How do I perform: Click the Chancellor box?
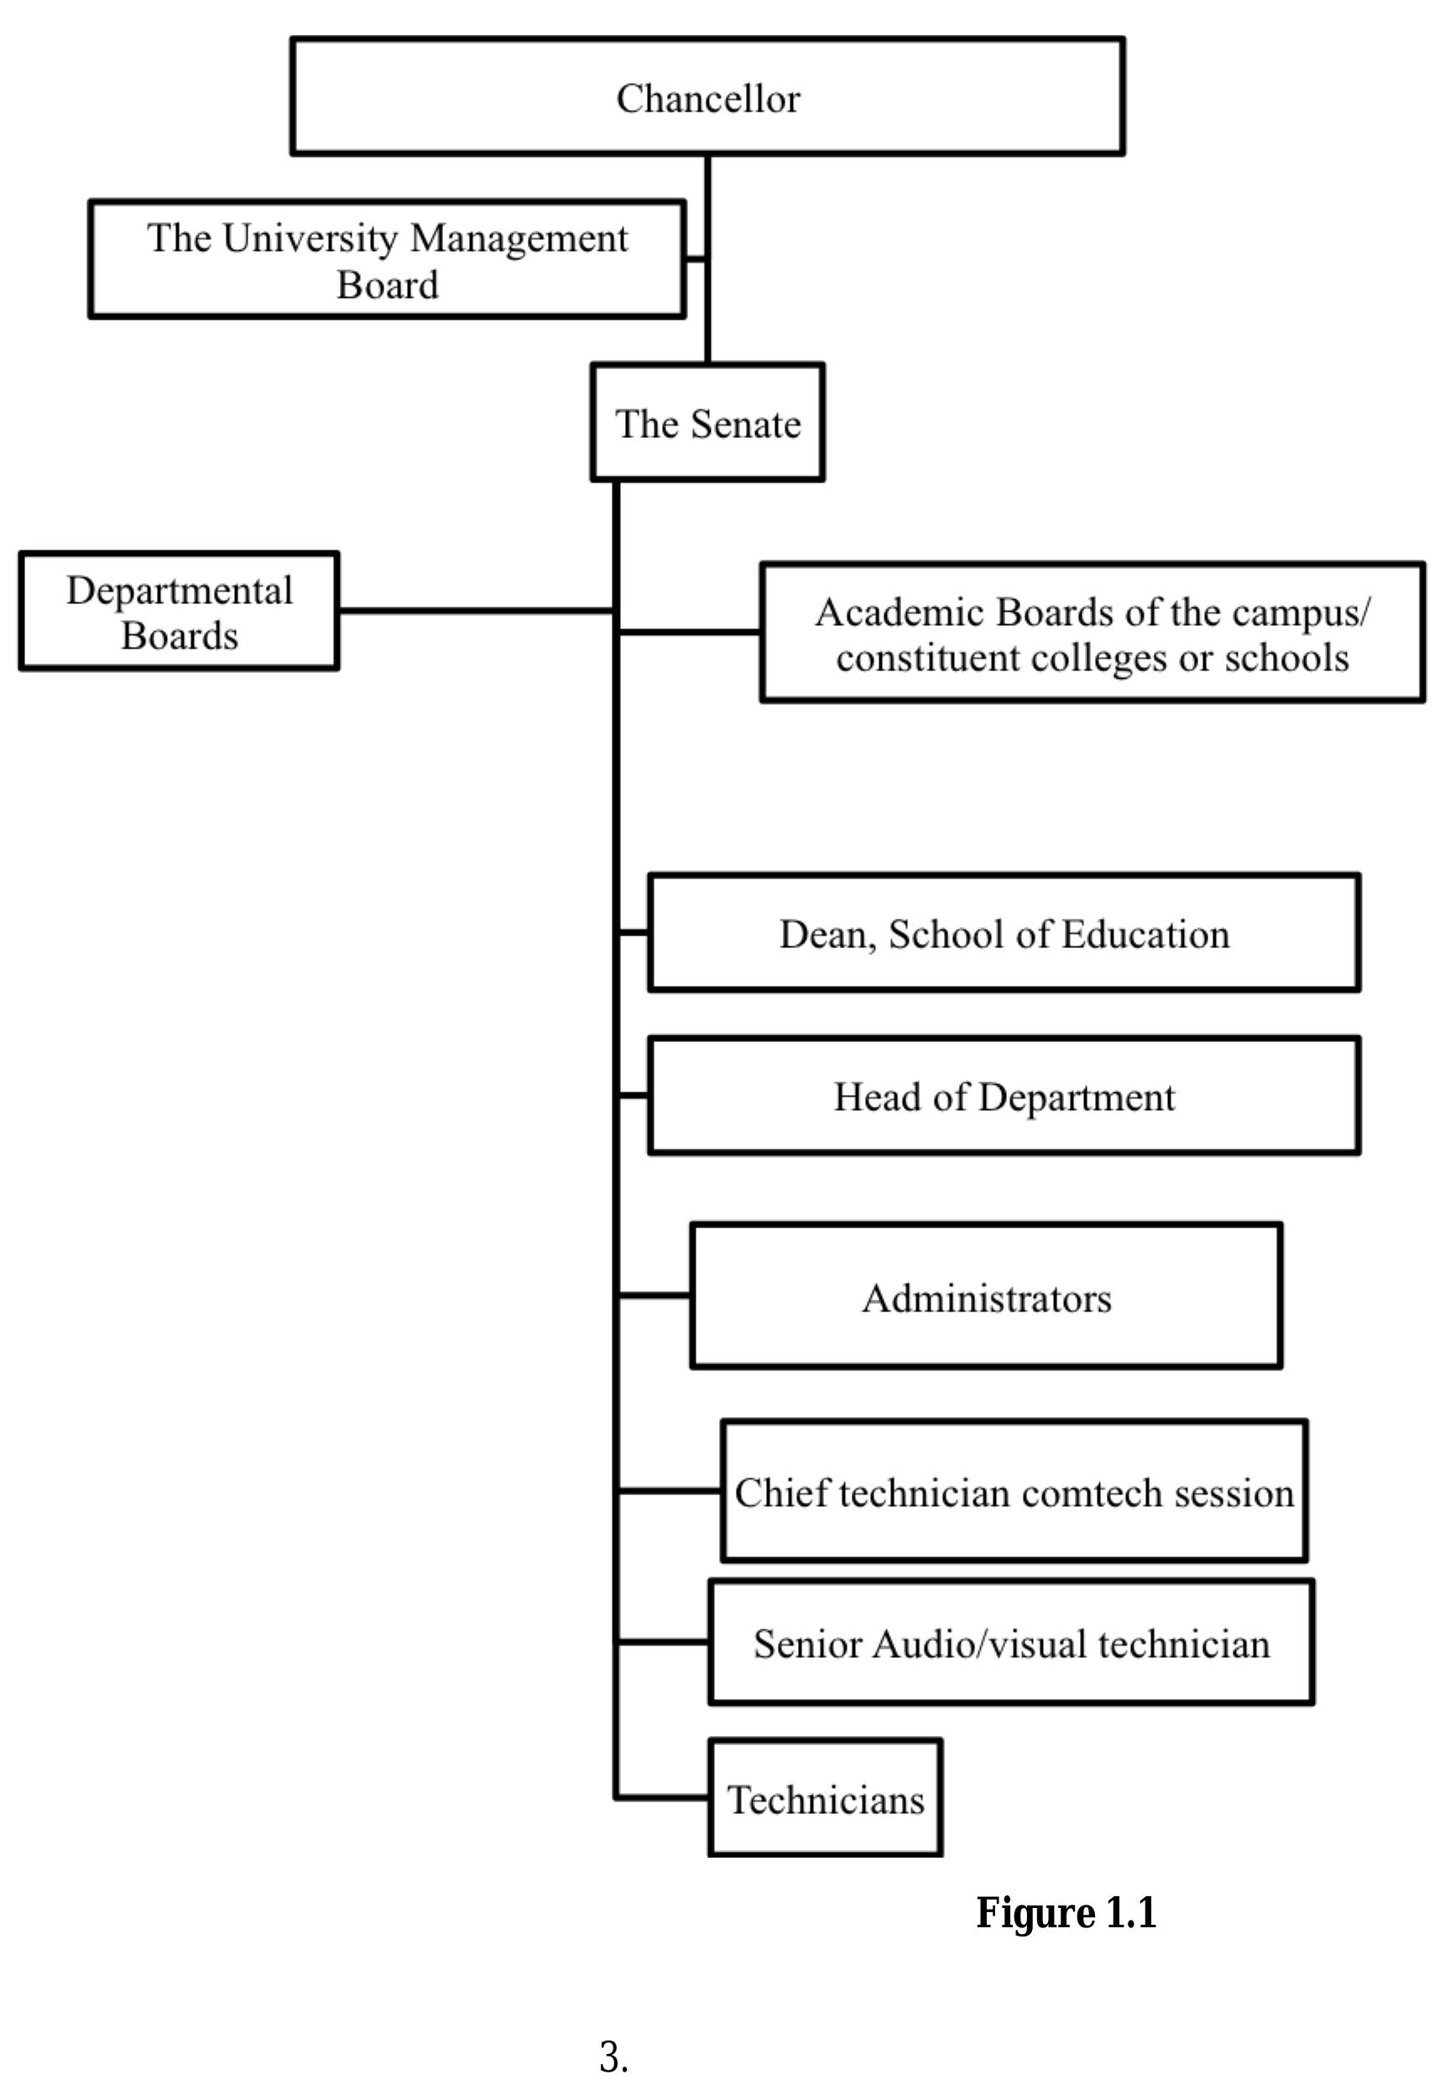(x=707, y=96)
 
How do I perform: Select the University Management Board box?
(x=386, y=260)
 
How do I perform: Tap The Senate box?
(x=707, y=422)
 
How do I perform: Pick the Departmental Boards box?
(x=179, y=611)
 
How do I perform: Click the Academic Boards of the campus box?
(x=1091, y=633)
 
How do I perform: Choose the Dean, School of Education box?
(x=1003, y=933)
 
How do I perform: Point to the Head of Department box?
(x=1003, y=1096)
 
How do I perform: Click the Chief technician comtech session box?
(x=1013, y=1492)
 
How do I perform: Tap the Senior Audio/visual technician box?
(x=1010, y=1643)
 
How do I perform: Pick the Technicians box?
(x=825, y=1799)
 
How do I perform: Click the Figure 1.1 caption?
(x=1066, y=1912)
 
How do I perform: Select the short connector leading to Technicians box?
(x=663, y=1797)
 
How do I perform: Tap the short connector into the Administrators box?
(x=654, y=1295)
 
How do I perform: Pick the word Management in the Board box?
(x=518, y=238)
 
